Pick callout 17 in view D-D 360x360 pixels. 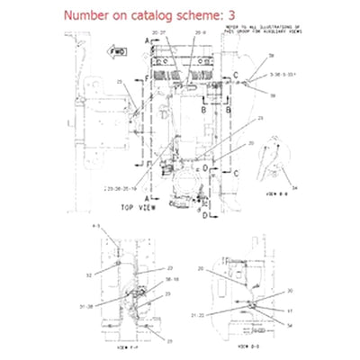tap(290, 310)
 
